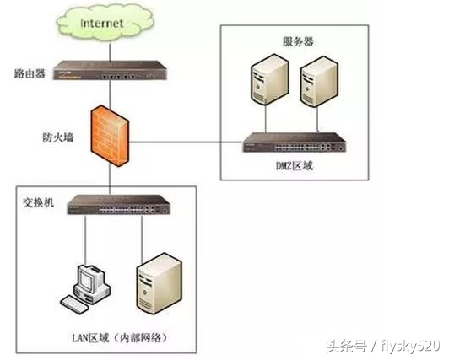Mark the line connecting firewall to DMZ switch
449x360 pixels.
(x=186, y=143)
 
